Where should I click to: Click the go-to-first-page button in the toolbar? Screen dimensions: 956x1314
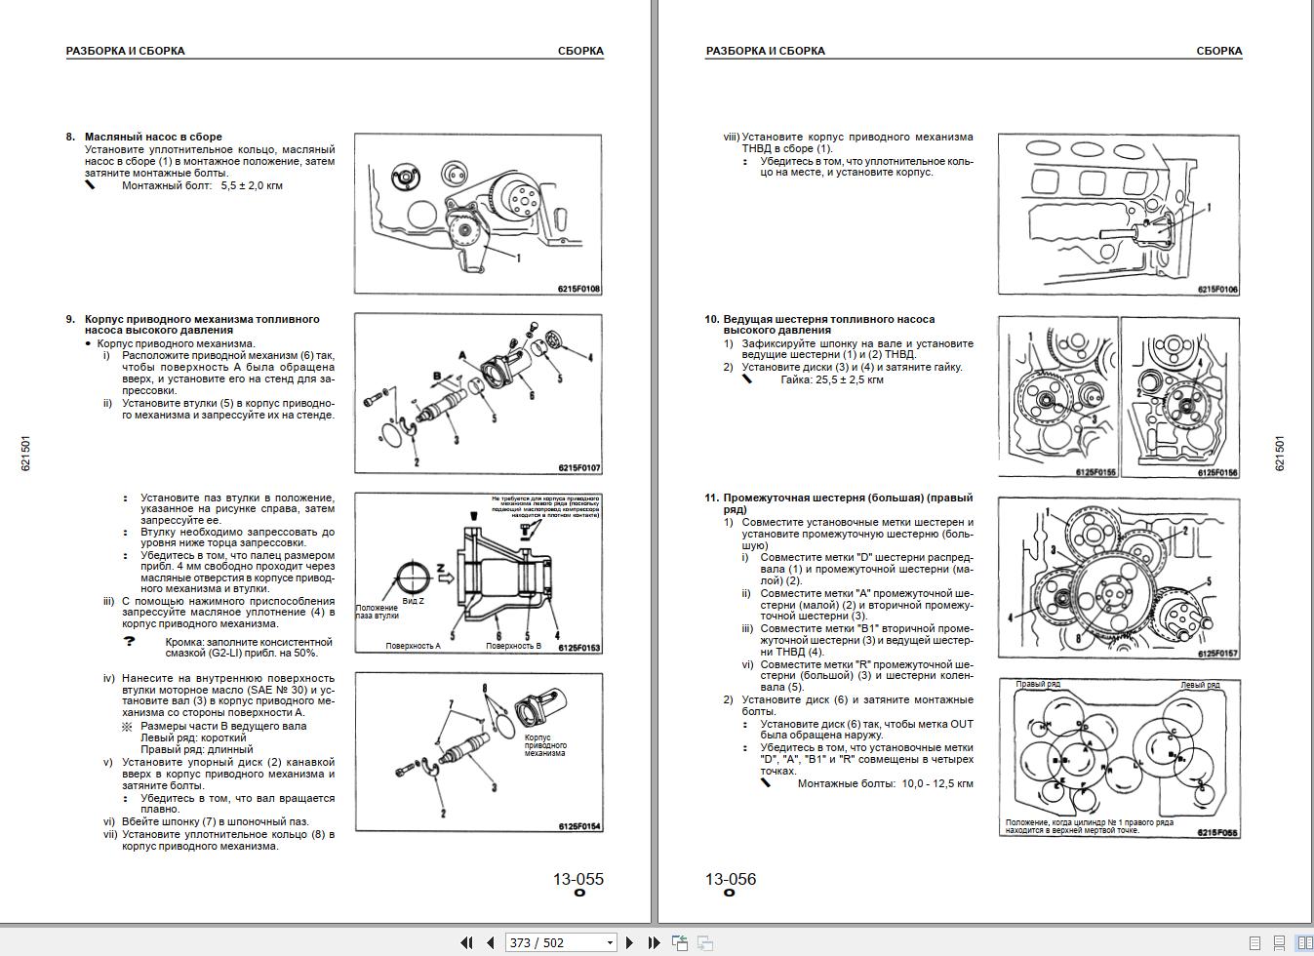(x=466, y=942)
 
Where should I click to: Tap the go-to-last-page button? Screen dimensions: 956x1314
(x=654, y=942)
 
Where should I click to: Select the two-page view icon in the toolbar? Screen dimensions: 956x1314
(x=1303, y=943)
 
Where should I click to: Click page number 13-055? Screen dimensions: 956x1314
(x=577, y=879)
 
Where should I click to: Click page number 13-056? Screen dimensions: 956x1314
(x=731, y=879)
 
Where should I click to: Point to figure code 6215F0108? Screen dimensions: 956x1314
(x=579, y=289)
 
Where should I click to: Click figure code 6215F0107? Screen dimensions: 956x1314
(x=579, y=468)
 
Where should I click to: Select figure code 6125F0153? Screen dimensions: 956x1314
(x=579, y=648)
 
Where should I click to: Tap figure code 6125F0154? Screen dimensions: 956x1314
(x=579, y=827)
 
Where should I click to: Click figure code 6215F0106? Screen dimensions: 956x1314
(x=1217, y=290)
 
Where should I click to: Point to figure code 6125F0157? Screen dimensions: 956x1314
(x=1217, y=654)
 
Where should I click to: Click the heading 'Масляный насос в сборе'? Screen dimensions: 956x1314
(x=153, y=137)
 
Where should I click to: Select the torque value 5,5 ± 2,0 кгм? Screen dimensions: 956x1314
(x=252, y=185)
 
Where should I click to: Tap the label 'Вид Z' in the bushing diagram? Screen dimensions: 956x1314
(x=413, y=602)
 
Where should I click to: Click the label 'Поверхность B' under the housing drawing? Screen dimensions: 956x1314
(x=513, y=646)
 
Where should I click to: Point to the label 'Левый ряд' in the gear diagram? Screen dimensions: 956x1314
(x=1200, y=685)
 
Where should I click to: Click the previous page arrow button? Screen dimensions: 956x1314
(x=491, y=942)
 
